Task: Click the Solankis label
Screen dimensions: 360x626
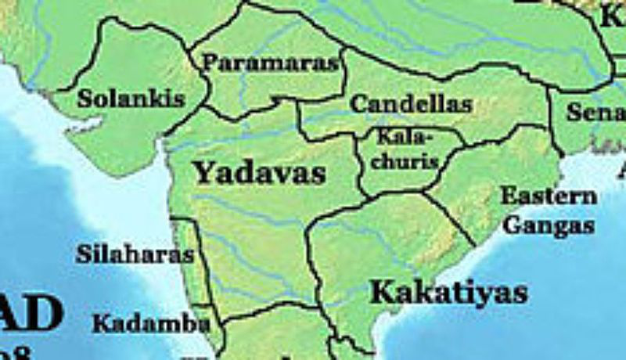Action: [x=131, y=99]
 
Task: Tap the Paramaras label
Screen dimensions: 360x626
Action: [x=272, y=63]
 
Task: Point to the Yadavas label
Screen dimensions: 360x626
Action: [x=259, y=172]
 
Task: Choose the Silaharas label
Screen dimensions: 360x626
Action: [x=135, y=254]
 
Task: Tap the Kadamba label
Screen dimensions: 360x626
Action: [x=150, y=323]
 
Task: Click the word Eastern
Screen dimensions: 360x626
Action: [x=549, y=196]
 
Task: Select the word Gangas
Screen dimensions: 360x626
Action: [x=548, y=226]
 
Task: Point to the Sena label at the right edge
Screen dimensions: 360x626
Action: [x=596, y=113]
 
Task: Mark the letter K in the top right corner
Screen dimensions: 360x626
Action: [x=612, y=16]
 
